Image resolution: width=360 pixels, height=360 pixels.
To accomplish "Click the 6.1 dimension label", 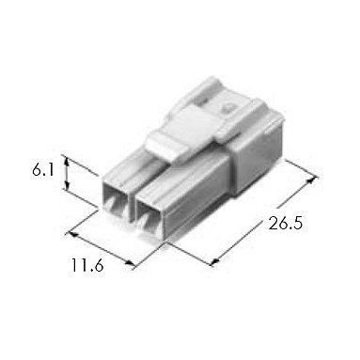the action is coord(43,170).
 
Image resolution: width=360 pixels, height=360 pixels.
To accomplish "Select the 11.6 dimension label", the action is coord(87,265).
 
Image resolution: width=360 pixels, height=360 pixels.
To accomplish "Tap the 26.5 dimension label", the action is coord(286,224).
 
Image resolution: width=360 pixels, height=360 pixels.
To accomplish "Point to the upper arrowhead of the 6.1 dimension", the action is coord(67,162).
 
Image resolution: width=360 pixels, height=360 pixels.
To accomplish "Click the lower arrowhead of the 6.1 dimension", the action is coord(67,185).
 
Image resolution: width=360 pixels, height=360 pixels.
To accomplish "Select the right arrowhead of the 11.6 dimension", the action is coord(129,263).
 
